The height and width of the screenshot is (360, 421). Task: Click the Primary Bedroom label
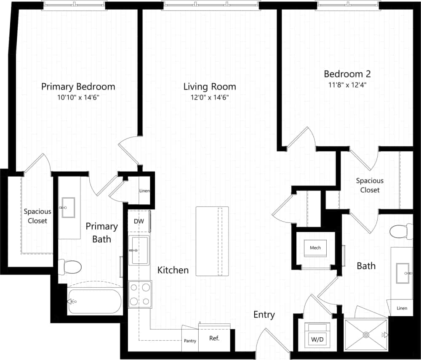tap(78, 87)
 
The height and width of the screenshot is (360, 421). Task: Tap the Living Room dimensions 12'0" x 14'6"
tap(209, 98)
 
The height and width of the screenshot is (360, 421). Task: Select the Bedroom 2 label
tap(347, 74)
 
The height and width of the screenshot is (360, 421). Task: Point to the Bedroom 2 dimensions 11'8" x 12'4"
tap(347, 85)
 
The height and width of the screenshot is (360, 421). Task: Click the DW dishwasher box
tap(139, 221)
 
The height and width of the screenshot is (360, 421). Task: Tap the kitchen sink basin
tap(139, 250)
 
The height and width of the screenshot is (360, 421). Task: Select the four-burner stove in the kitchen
tap(140, 294)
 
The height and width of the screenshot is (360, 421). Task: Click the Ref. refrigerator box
tap(214, 338)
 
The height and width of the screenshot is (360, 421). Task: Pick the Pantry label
tap(190, 341)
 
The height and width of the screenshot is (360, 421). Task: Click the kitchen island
tap(212, 241)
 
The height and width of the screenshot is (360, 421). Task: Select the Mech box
tap(315, 248)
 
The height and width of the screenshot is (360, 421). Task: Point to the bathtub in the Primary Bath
tap(95, 301)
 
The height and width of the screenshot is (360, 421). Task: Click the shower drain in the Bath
tap(365, 335)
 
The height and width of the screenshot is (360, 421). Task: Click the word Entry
tap(264, 315)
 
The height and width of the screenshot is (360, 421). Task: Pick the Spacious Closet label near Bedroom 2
tap(370, 185)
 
